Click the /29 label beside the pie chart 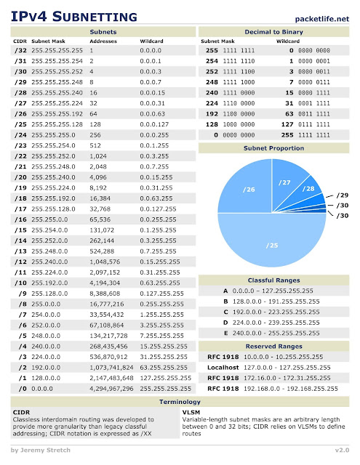tap(343, 195)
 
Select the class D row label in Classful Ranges tap(225, 321)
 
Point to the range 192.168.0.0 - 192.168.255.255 tap(286, 389)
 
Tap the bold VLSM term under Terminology tap(192, 411)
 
